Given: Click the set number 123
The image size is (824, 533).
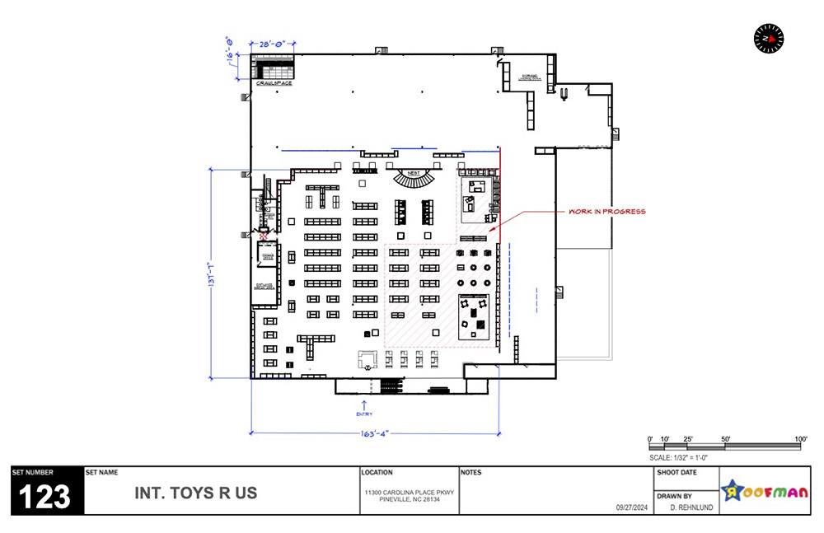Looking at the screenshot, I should click(46, 497).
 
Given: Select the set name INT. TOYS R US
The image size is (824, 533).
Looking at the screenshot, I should click(195, 493).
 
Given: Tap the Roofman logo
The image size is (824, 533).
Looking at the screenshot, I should click(765, 492).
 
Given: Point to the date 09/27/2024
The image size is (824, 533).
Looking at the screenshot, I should click(632, 508).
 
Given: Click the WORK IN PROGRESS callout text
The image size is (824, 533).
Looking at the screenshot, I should click(607, 212).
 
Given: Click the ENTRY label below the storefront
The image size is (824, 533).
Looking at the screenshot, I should click(364, 414).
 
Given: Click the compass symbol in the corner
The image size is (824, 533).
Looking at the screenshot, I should click(769, 37).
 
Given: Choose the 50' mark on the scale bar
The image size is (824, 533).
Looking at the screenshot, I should click(725, 438).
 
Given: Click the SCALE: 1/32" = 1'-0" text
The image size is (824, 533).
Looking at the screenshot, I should click(679, 456).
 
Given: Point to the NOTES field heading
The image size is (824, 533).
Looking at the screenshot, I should click(471, 473).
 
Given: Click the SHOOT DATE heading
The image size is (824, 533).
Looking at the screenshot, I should click(677, 473).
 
